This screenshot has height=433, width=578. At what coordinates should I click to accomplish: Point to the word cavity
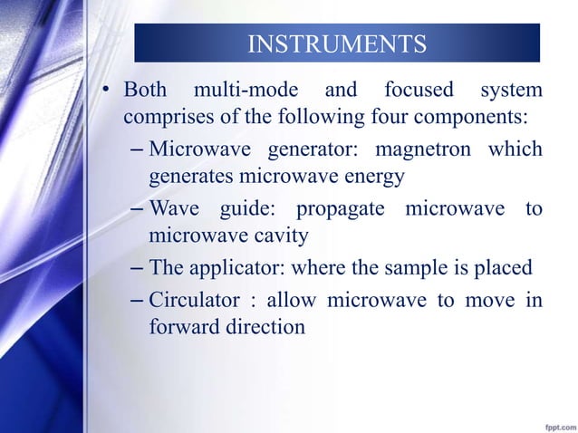pyautogui.click(x=282, y=236)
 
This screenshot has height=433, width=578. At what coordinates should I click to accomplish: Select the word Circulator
pyautogui.click(x=191, y=300)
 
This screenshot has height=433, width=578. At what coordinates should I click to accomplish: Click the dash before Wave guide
pyautogui.click(x=136, y=210)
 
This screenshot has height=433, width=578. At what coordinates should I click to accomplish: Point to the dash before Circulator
pyautogui.click(x=136, y=301)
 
